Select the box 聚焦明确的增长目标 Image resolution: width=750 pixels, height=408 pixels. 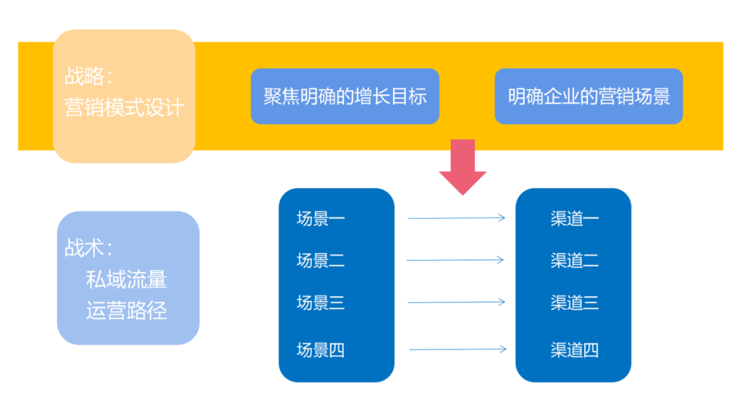click(x=344, y=96)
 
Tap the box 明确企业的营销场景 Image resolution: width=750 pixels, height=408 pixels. click(x=588, y=96)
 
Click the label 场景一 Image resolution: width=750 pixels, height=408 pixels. click(x=320, y=219)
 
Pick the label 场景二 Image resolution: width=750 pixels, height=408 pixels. click(x=320, y=261)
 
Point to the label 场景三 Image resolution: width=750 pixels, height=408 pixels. click(x=320, y=302)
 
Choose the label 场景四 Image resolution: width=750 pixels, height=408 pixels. click(x=320, y=350)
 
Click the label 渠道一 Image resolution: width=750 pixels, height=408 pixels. click(x=574, y=219)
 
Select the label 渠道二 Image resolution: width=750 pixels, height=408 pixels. click(x=574, y=261)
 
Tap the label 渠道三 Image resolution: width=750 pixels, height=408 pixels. click(x=574, y=302)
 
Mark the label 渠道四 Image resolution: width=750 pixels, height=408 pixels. click(x=574, y=350)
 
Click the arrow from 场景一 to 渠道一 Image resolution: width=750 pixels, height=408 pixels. click(x=456, y=218)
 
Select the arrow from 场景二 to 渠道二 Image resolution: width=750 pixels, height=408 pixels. click(x=456, y=261)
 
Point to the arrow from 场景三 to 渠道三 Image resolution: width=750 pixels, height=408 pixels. click(x=456, y=302)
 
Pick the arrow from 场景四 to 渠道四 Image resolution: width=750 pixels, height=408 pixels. click(x=457, y=349)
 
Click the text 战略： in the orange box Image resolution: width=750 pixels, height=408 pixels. click(x=88, y=76)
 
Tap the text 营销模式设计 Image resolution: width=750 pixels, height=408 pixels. click(x=124, y=108)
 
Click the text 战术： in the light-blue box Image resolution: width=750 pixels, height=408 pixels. click(x=88, y=248)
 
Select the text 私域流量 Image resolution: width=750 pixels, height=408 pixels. click(x=126, y=279)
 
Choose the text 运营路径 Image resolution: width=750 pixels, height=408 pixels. click(x=126, y=310)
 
